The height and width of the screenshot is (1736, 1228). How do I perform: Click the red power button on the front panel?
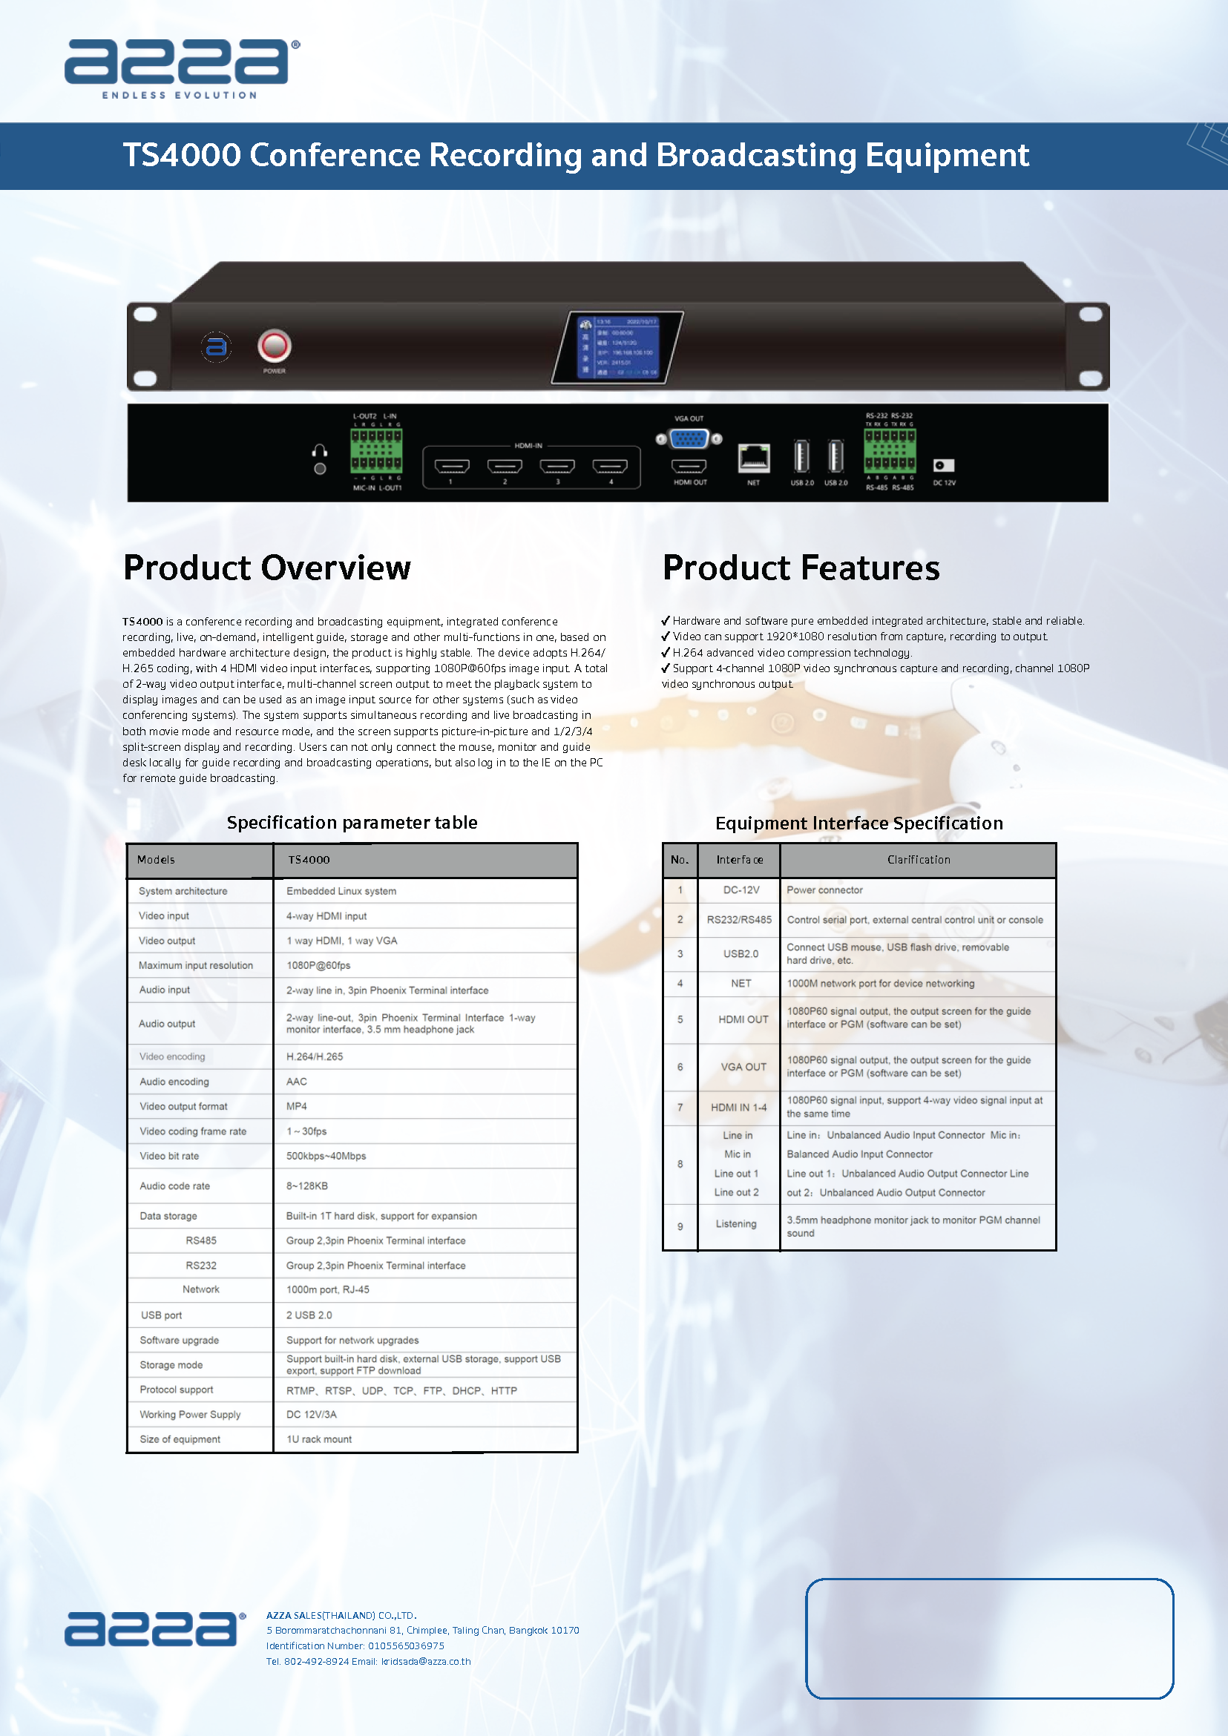274,346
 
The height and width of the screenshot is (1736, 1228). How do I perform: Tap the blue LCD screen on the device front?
619,347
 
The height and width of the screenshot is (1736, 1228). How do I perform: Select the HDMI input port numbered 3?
557,466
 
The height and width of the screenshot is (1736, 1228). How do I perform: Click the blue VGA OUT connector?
689,438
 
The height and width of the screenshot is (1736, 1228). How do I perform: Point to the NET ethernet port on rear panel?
753,458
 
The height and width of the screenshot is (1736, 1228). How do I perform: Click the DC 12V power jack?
943,466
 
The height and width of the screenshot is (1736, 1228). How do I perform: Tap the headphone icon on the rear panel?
320,451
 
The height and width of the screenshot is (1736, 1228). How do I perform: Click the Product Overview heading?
267,568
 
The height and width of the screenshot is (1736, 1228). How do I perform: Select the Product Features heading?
801,568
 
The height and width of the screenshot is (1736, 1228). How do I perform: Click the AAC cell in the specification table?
296,1082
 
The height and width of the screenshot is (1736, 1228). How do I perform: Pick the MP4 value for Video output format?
296,1106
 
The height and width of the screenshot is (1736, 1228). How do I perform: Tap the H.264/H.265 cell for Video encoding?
315,1057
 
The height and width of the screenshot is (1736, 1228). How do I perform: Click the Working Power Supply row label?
190,1415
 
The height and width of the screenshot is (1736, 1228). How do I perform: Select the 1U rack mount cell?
319,1439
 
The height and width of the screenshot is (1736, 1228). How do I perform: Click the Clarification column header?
918,860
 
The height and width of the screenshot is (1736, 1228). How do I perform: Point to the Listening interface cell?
736,1224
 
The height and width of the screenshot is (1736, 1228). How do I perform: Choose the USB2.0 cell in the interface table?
741,954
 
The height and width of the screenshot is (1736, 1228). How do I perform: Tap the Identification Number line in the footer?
355,1646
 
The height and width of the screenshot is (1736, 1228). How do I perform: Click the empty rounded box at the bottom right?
989,1639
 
